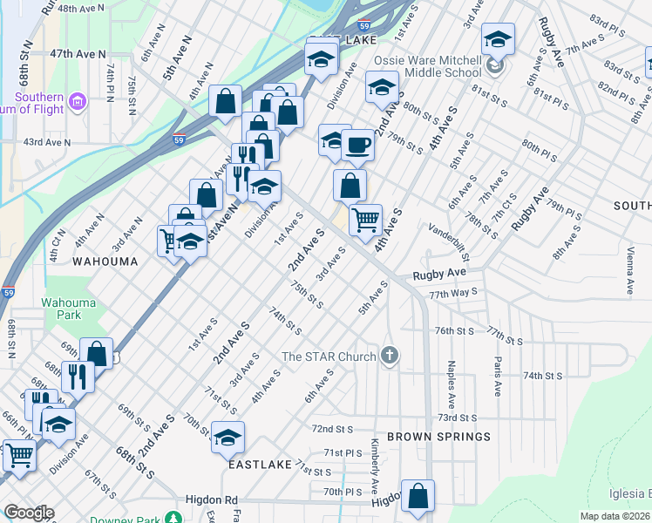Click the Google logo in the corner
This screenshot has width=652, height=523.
point(28,513)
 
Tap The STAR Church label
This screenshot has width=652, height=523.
point(329,356)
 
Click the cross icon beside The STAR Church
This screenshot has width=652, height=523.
point(390,355)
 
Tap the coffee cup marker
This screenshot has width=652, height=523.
point(357,146)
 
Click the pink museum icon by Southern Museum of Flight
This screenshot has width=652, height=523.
point(77,104)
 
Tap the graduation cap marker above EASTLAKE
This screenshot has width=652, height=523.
point(228,437)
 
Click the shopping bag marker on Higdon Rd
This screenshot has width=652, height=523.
point(418,495)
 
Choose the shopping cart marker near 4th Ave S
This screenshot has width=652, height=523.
point(365,219)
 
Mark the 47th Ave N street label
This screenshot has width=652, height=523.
point(78,53)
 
